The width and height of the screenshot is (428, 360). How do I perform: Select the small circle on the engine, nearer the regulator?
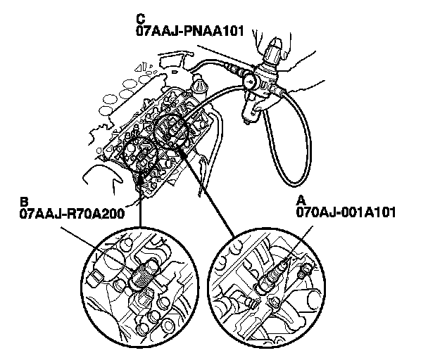pyautogui.click(x=172, y=129)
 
